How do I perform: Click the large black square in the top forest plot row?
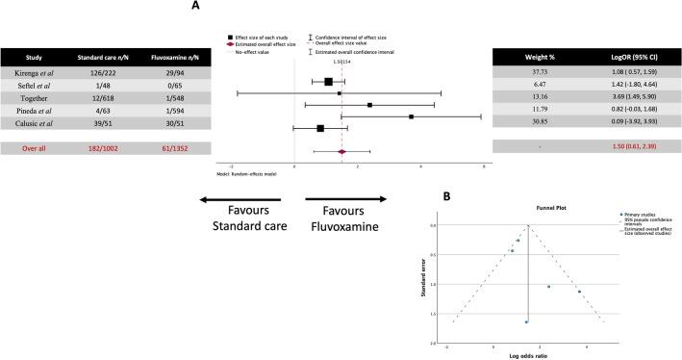328,82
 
